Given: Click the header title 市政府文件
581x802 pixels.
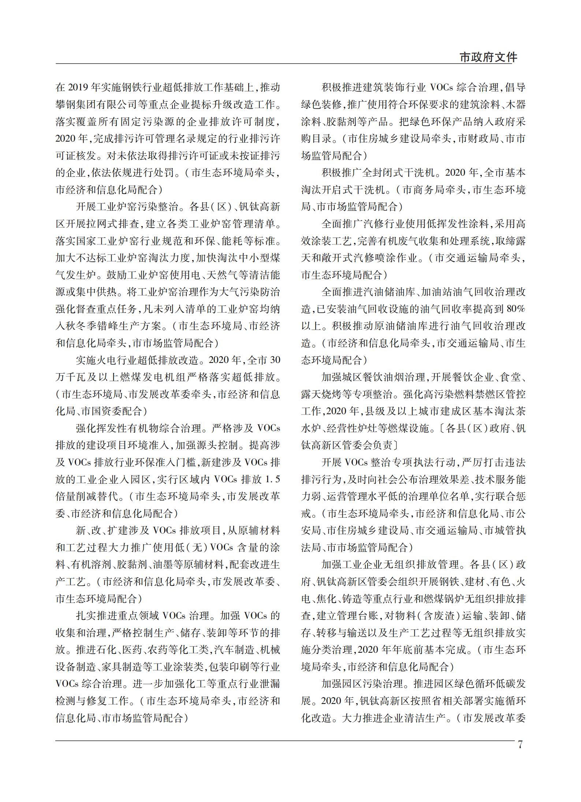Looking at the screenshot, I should click(488, 57).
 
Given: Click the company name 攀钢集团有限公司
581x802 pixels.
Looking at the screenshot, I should click(96, 105).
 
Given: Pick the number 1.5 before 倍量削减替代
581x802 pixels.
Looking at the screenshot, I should click(272, 479).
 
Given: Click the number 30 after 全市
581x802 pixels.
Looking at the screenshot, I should click(275, 360).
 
